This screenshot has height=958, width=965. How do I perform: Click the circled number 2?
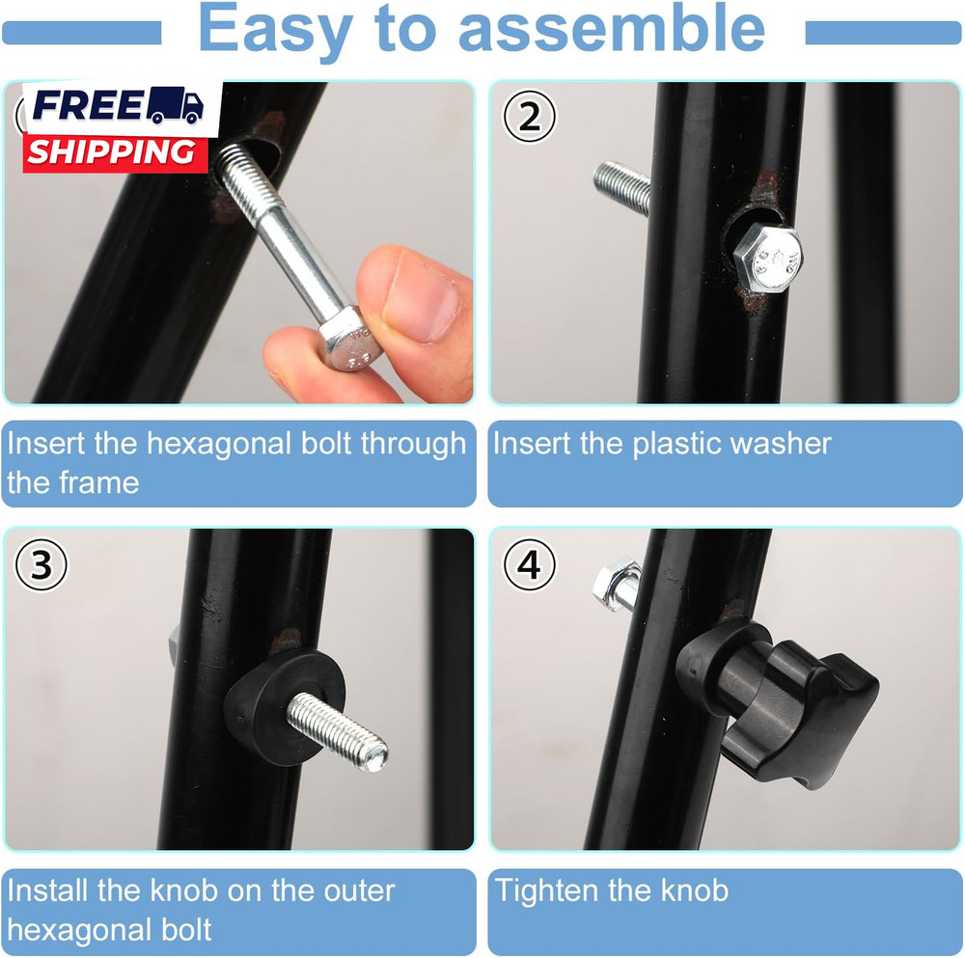(529, 117)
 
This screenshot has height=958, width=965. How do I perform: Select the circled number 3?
(41, 564)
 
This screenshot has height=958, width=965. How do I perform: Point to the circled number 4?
(529, 564)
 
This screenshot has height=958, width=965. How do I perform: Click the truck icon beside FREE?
(174, 105)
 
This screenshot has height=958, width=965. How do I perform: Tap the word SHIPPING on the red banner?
(111, 152)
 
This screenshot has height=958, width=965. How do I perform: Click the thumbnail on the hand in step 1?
(425, 296)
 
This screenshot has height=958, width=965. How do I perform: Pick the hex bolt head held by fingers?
(350, 339)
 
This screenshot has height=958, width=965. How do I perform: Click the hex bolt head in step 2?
(768, 258)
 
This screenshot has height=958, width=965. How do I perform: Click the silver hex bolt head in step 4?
(617, 584)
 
